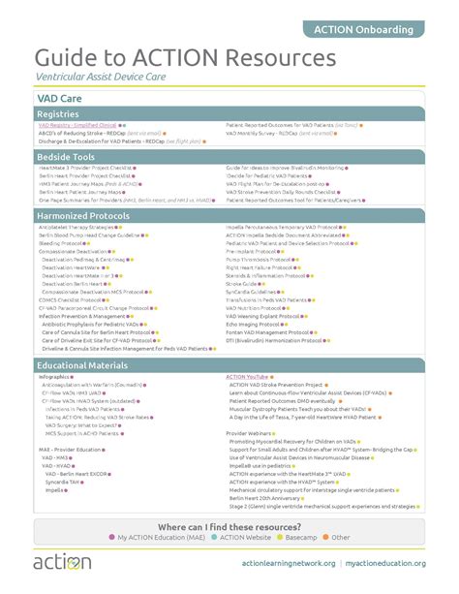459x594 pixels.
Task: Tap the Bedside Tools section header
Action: click(65, 156)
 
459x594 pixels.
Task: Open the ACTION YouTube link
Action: click(247, 376)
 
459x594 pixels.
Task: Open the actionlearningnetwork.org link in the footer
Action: click(287, 564)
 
